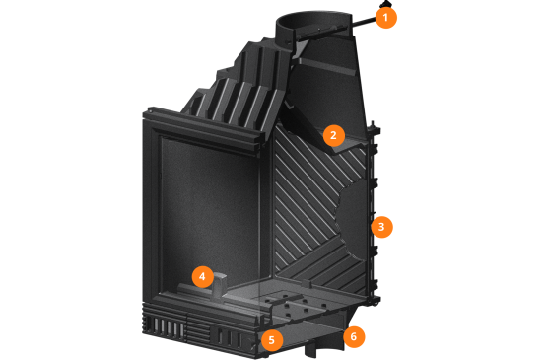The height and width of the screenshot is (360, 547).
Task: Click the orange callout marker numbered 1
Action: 385,18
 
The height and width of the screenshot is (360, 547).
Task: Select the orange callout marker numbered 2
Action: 334,135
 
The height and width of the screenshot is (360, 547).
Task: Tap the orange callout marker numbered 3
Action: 381,227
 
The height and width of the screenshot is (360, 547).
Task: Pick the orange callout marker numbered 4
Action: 203,277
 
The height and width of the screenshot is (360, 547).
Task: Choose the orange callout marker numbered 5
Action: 272,340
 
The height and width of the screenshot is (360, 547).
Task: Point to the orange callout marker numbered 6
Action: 354,336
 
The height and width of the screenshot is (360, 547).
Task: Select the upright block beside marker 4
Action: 219,285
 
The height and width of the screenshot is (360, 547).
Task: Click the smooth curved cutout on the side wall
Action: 352,220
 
